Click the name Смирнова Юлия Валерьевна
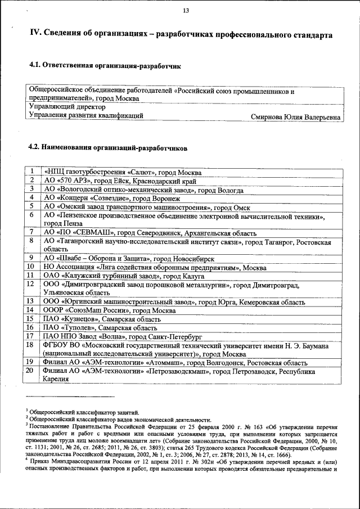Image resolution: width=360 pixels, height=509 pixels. (296, 118)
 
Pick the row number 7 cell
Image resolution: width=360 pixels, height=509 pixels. (33, 232)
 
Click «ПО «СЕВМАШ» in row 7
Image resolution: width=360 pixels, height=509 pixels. (85, 232)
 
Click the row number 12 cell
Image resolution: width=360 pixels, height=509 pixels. (33, 284)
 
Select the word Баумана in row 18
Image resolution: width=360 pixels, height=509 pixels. (314, 345)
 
